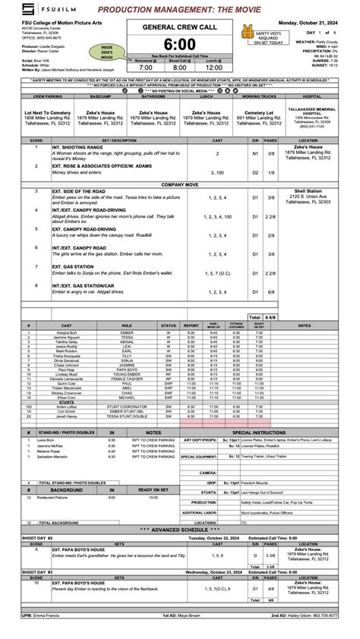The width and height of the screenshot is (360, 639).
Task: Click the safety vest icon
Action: (x=245, y=32)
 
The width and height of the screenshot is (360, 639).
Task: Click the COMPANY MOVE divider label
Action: (x=180, y=184)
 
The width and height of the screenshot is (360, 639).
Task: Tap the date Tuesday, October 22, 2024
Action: (x=204, y=538)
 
